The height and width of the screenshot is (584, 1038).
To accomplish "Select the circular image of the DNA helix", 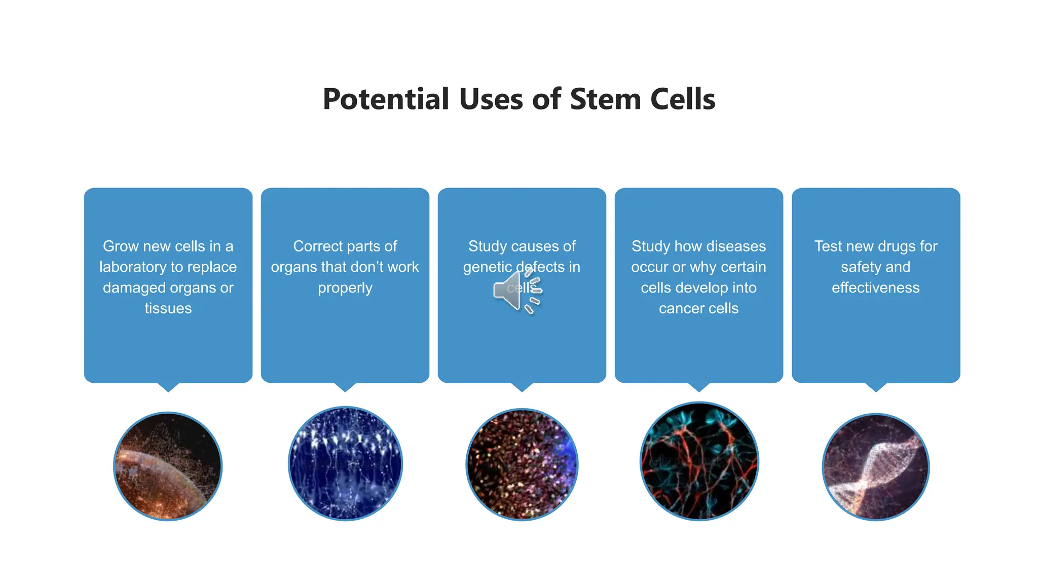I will coord(875,467).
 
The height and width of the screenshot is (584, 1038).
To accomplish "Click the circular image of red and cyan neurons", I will coord(699,461).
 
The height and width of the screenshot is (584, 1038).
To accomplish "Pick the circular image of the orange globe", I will coord(168,466).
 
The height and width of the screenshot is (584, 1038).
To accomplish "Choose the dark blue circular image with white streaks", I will coord(345,463).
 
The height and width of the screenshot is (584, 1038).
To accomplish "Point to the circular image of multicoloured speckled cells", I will coord(522,464).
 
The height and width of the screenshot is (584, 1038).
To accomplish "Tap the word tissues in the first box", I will coord(168,309).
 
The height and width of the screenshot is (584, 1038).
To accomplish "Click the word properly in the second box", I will coord(345,288).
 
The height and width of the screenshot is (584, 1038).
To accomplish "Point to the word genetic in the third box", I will coord(487,267).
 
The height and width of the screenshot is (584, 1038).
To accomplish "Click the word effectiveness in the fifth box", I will coord(875,288).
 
